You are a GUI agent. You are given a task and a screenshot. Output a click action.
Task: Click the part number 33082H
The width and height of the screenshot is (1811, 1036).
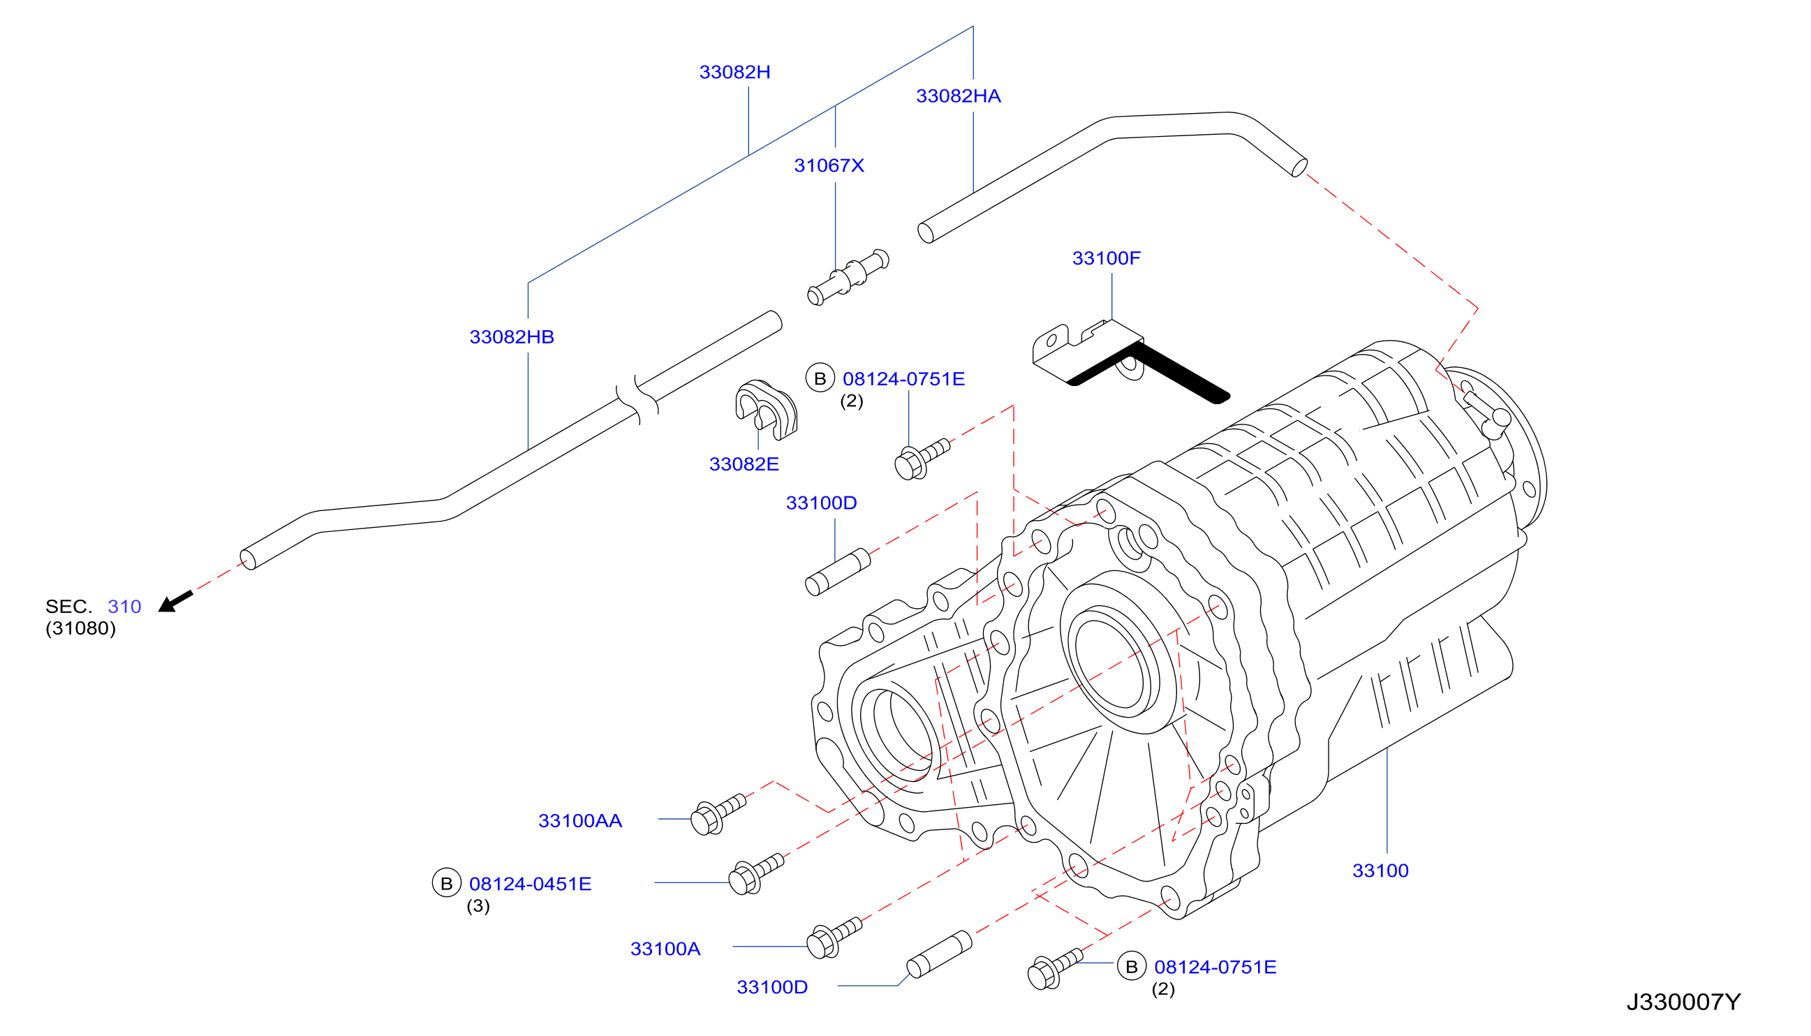734,72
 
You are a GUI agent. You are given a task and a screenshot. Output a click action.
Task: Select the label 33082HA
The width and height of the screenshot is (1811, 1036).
958,96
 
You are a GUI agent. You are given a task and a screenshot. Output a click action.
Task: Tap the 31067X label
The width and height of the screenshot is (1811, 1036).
829,165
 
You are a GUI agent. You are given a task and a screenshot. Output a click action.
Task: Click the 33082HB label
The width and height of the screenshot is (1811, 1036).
512,337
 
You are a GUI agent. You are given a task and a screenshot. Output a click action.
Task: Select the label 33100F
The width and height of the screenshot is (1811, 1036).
1106,258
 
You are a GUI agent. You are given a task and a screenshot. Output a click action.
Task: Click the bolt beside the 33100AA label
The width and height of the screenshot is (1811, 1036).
718,814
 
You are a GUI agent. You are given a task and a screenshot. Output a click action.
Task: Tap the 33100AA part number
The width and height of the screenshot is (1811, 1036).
580,821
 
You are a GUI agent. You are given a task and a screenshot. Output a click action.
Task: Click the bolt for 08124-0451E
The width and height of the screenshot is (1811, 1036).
755,874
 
